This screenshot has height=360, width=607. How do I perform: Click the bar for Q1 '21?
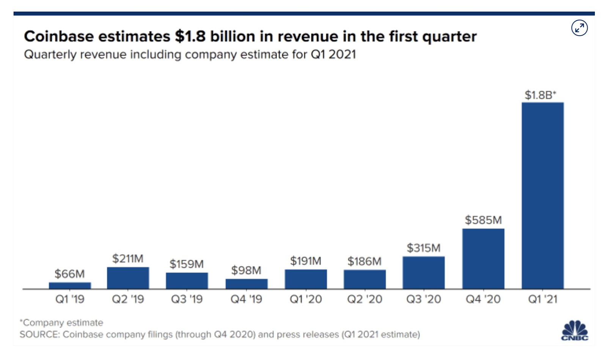click(x=542, y=195)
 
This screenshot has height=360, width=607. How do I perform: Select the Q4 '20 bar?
click(x=483, y=259)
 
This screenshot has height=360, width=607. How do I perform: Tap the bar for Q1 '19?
click(x=70, y=285)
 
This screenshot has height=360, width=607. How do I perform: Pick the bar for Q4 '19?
click(x=246, y=284)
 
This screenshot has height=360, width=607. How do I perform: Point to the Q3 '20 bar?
click(x=423, y=272)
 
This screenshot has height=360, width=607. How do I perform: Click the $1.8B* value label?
click(x=540, y=95)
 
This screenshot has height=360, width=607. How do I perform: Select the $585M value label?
click(x=483, y=220)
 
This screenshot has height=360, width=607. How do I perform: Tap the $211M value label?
click(x=127, y=259)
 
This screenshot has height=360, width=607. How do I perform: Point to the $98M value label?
click(x=246, y=270)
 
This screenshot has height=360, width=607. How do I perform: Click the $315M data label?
click(x=423, y=248)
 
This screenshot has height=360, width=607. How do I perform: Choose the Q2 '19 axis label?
click(x=127, y=299)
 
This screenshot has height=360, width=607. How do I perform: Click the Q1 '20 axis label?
click(x=305, y=299)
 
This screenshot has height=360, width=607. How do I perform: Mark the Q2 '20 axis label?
click(x=365, y=299)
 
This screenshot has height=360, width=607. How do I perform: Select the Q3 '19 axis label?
click(x=187, y=299)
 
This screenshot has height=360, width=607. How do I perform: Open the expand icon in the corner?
click(x=579, y=28)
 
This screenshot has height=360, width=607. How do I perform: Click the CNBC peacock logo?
click(x=575, y=330)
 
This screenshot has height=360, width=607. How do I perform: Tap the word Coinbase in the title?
click(x=59, y=36)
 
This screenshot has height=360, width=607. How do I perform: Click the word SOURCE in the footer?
click(x=39, y=335)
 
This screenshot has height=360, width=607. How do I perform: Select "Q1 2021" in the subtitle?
click(x=333, y=55)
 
